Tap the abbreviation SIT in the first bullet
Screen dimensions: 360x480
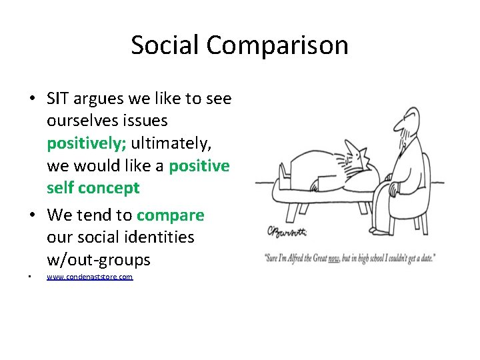tap(60, 99)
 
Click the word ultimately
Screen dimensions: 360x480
tap(171, 143)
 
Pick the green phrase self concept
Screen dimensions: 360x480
tap(93, 188)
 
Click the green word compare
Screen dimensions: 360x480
tap(170, 215)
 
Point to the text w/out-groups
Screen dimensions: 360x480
tap(99, 259)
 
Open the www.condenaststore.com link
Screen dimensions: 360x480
tap(89, 277)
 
